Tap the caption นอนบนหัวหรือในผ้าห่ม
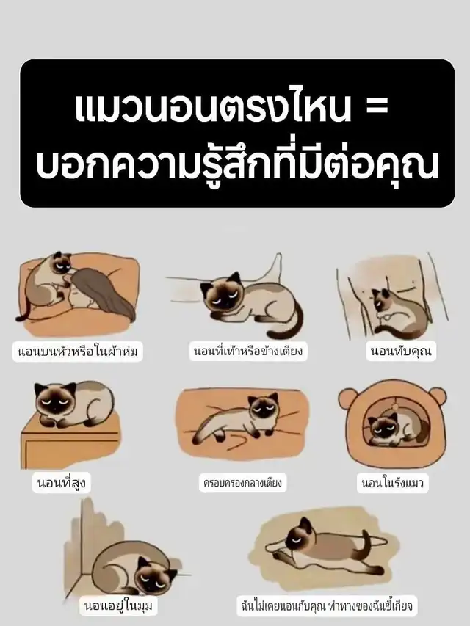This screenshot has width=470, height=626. click(x=78, y=352)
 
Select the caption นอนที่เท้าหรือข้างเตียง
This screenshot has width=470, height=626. click(x=248, y=352)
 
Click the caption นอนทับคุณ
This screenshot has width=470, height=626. click(x=401, y=352)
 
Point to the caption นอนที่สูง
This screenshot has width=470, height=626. click(x=61, y=483)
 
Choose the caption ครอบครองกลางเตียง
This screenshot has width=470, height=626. click(x=242, y=483)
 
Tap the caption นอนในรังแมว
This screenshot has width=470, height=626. click(x=392, y=483)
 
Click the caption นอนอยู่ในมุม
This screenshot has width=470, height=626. click(x=118, y=605)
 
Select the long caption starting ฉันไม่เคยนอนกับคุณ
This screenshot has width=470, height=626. click(x=327, y=605)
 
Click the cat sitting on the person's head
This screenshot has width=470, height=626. click(x=46, y=284)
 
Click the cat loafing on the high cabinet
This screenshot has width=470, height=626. click(x=72, y=403)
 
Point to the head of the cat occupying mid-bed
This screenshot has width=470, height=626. click(x=262, y=409)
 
